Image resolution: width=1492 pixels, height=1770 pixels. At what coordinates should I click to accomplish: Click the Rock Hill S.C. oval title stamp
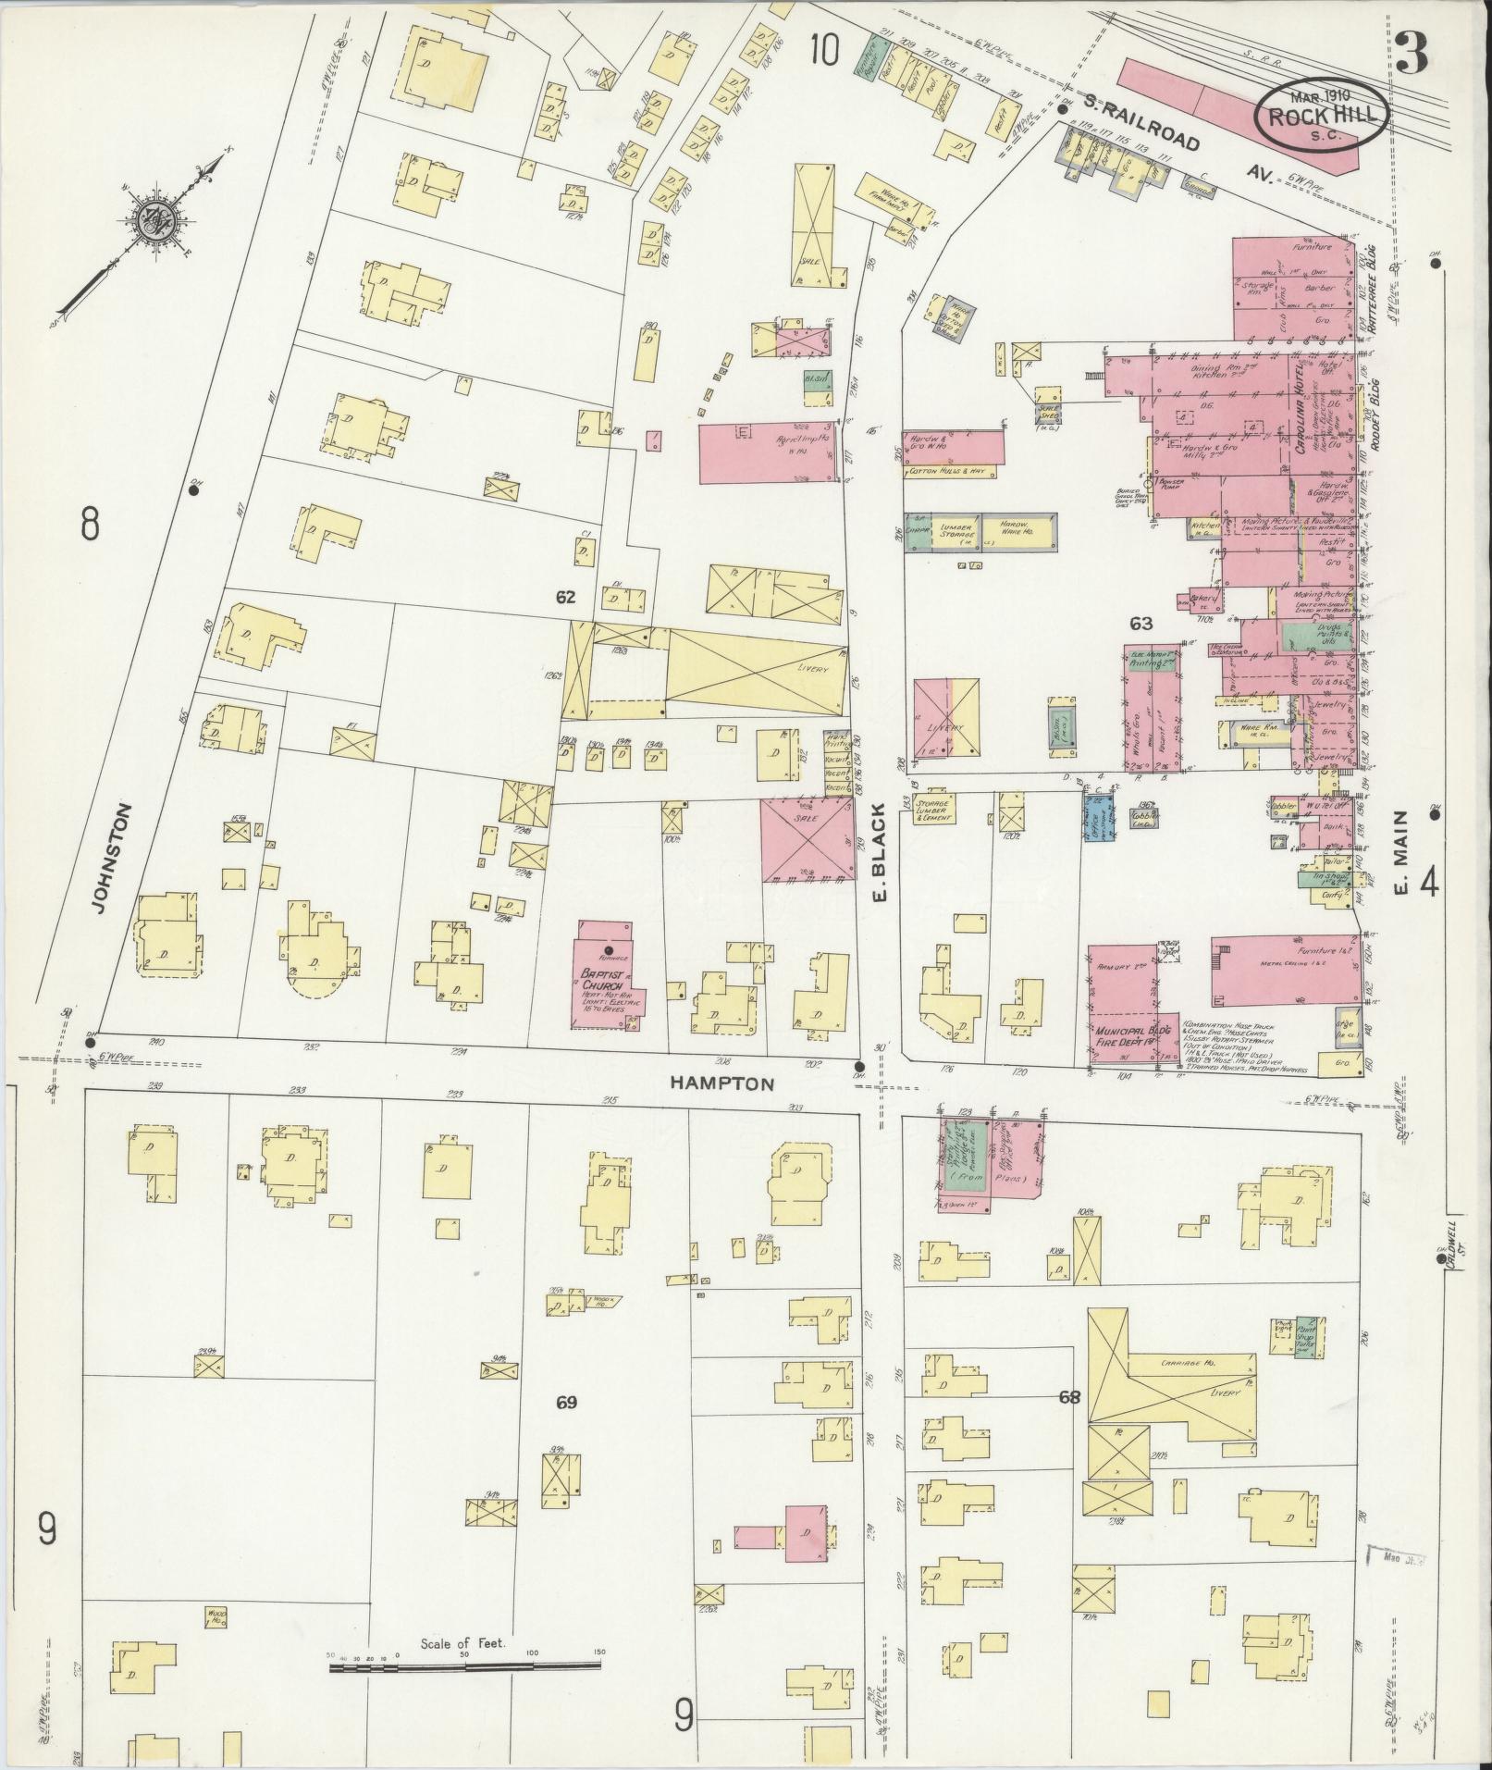pos(1321,117)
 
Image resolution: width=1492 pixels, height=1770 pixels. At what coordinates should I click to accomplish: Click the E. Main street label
pos(1402,853)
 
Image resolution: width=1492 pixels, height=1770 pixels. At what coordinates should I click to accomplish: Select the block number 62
pos(566,598)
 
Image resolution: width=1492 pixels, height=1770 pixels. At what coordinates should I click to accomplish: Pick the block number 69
pos(566,1403)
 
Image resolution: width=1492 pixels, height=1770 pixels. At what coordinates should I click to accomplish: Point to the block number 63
pos(1141,624)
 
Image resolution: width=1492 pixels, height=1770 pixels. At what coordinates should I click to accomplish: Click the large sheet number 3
pos(1412,53)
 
